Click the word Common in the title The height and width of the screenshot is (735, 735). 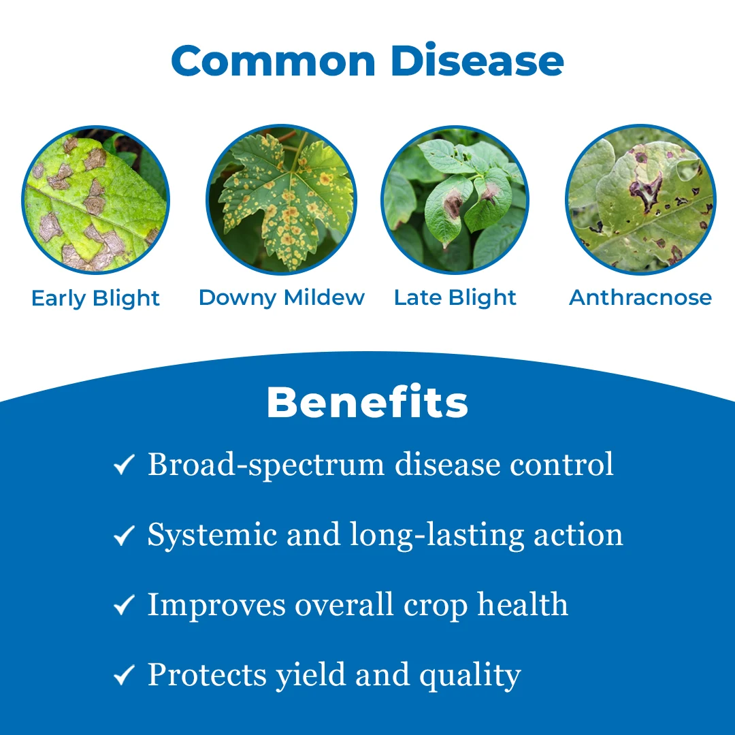[274, 61]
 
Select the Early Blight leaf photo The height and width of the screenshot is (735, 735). [96, 199]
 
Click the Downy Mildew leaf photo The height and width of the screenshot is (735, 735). [281, 199]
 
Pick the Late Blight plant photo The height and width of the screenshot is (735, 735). [455, 199]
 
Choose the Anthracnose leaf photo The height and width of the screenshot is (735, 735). [640, 199]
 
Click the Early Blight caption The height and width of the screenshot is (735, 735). [96, 299]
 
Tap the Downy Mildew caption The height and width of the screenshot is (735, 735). [282, 298]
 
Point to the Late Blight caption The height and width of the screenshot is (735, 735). [455, 298]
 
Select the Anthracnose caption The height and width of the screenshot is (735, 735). [640, 297]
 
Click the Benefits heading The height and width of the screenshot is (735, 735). [367, 402]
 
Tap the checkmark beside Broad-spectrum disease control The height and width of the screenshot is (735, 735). [125, 465]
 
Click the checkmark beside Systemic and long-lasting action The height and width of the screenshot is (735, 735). [125, 535]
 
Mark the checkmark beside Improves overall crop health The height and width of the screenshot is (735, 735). [125, 605]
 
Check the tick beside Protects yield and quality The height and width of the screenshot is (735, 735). [125, 675]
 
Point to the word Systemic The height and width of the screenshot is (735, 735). [212, 536]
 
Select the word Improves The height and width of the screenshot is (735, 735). [216, 606]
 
